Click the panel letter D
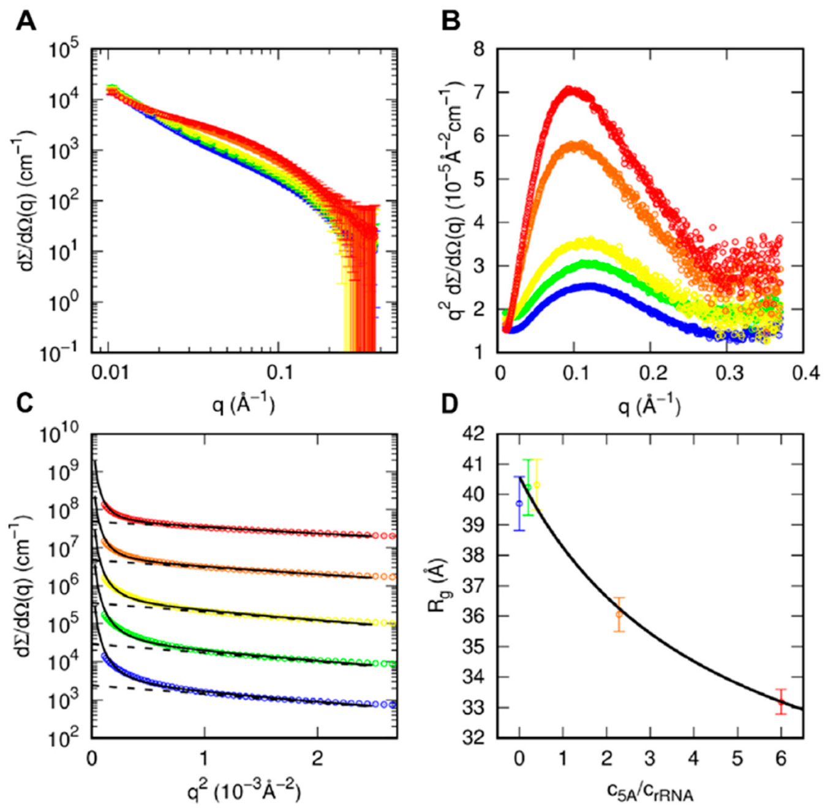450,404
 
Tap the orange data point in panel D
619,614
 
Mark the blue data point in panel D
519,503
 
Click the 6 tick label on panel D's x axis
781,758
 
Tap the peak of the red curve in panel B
571,90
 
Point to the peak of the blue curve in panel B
589,286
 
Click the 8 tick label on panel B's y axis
478,49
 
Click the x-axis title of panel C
244,791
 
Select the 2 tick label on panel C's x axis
317,758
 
